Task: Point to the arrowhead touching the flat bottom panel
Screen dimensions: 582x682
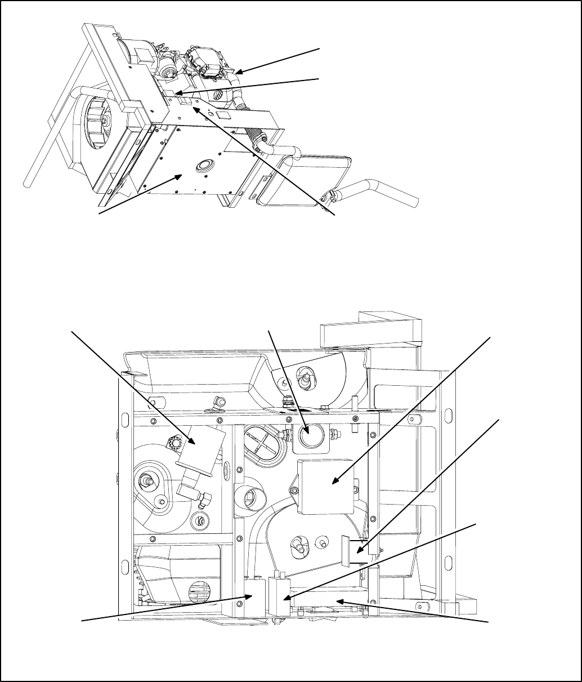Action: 180,176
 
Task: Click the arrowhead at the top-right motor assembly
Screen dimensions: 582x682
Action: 239,73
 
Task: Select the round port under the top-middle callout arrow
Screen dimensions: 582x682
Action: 308,437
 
